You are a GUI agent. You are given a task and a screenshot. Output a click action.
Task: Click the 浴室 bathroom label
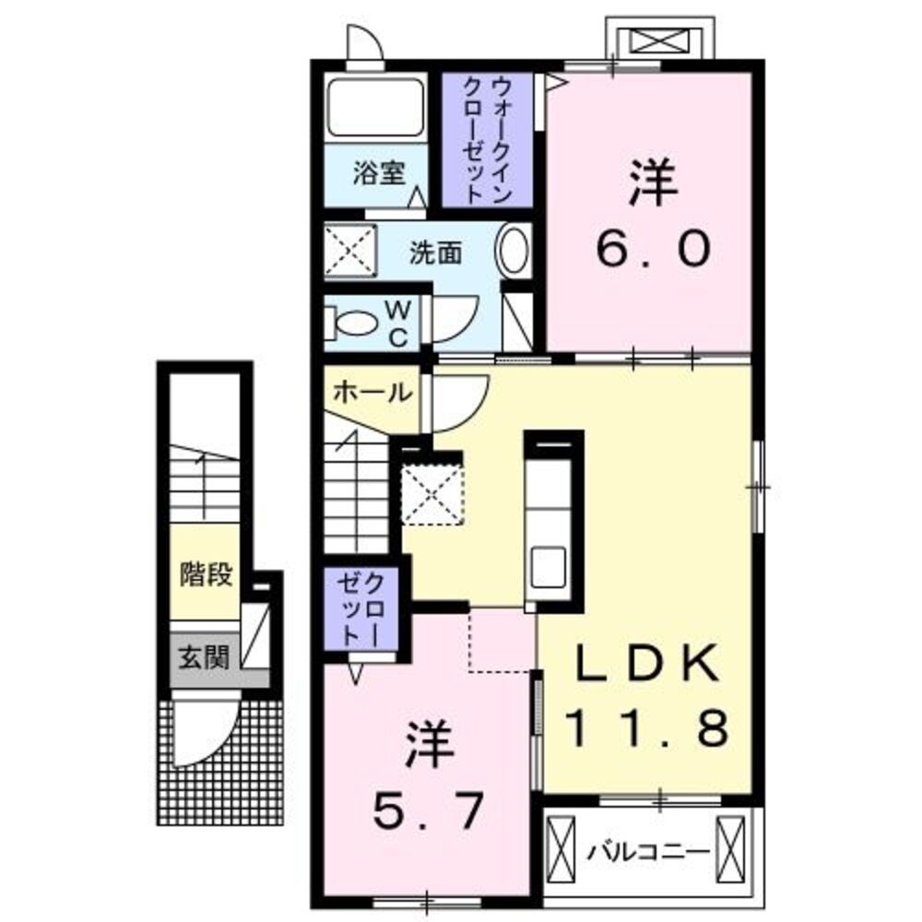pos(379,172)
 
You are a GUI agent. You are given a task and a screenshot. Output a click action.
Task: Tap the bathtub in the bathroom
pos(374,108)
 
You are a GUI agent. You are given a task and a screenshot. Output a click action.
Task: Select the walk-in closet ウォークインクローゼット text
pos(487,139)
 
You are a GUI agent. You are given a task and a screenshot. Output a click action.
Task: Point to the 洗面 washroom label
pos(435,252)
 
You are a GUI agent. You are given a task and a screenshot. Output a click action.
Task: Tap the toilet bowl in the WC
pos(356,324)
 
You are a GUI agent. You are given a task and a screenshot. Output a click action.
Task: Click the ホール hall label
pos(371,393)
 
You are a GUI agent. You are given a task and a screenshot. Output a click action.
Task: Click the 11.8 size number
pos(646,727)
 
